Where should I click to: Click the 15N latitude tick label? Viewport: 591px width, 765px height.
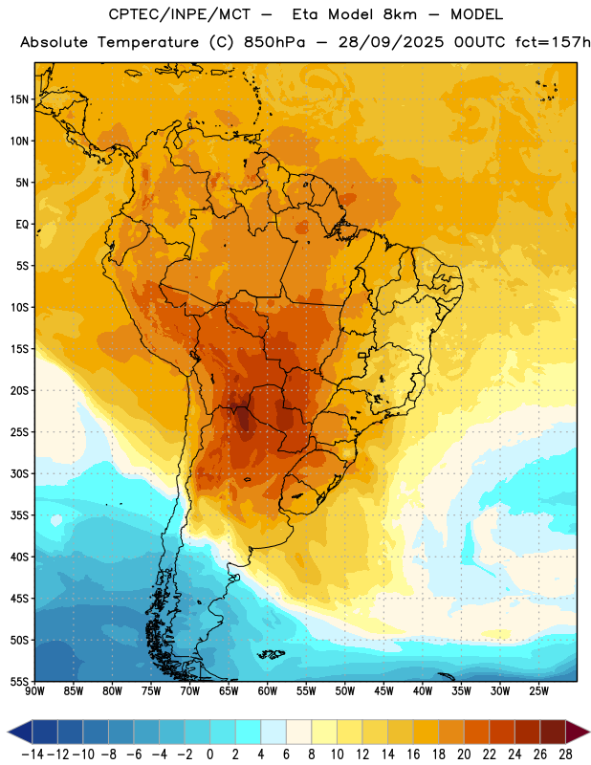pos(19,99)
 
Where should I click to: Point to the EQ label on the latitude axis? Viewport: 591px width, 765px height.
pos(22,225)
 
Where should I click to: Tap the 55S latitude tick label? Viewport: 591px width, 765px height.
pos(19,681)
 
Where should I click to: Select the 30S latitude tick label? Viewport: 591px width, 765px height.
pos(19,473)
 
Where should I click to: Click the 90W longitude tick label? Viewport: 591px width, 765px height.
pos(34,690)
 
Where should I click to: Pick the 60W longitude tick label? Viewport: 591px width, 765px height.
pos(268,690)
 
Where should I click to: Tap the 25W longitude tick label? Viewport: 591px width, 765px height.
pos(538,690)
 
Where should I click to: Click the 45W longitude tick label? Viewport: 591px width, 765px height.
pos(383,690)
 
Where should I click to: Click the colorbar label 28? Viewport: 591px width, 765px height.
pos(565,754)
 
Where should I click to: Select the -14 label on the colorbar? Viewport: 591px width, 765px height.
pos(33,754)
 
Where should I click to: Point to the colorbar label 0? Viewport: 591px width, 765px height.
pos(209,754)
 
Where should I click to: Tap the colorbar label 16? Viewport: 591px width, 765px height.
pos(413,754)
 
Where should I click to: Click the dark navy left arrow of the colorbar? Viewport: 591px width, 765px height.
pos(20,732)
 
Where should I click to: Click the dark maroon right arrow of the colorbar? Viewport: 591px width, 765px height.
pos(578,732)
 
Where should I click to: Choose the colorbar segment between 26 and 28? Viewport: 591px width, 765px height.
pos(553,732)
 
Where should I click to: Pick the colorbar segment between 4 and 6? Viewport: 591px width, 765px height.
pos(274,732)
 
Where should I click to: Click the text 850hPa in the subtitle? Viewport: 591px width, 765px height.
pos(274,42)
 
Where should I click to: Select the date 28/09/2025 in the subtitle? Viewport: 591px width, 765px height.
pos(391,42)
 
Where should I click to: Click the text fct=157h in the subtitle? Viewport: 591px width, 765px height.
pos(553,42)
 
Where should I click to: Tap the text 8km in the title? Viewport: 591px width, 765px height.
pos(400,14)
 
